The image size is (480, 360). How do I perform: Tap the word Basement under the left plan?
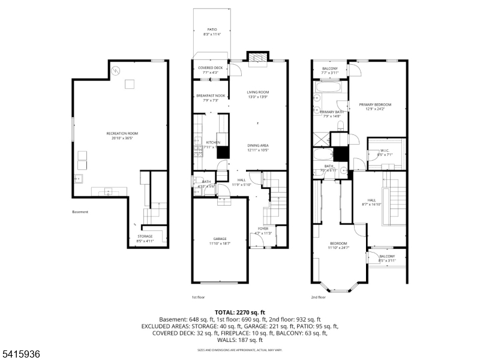pos(80,212)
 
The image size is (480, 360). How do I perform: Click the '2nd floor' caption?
pos(319,297)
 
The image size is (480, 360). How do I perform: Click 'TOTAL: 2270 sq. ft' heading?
pos(239,313)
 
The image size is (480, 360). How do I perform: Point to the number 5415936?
pos(20,355)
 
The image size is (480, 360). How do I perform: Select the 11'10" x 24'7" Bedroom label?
pos(338,245)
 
